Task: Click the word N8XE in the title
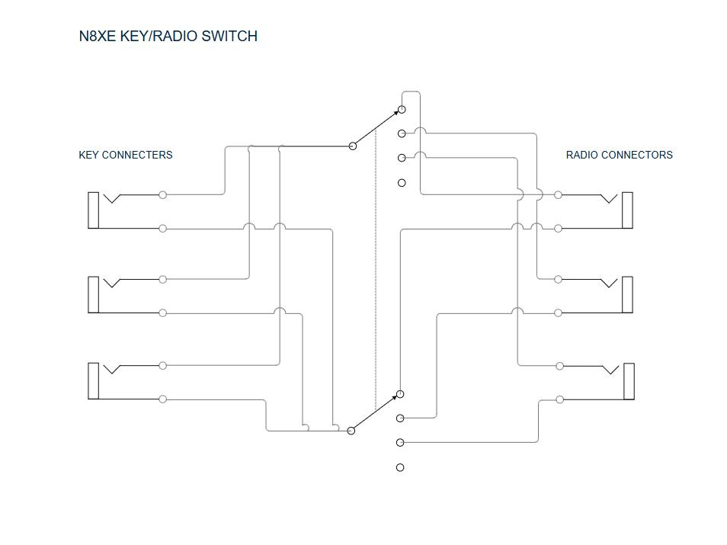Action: click(97, 36)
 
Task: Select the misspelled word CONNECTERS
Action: click(137, 155)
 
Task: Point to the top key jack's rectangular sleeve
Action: click(93, 210)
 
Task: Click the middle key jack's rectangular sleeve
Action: click(93, 294)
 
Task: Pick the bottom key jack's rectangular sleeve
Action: click(93, 381)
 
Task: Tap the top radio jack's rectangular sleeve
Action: click(627, 210)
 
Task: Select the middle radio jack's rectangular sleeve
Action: click(627, 294)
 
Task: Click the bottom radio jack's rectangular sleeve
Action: click(629, 381)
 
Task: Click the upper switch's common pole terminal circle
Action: click(352, 146)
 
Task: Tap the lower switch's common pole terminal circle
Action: click(351, 431)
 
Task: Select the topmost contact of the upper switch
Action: click(402, 110)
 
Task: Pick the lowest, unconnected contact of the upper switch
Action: click(402, 183)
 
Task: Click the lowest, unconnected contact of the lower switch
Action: click(400, 467)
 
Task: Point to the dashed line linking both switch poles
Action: click(376, 290)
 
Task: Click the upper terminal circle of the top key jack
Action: click(162, 195)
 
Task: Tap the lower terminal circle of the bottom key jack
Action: click(162, 399)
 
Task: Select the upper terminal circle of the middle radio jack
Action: click(559, 280)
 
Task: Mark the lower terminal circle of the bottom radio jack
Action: click(560, 399)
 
